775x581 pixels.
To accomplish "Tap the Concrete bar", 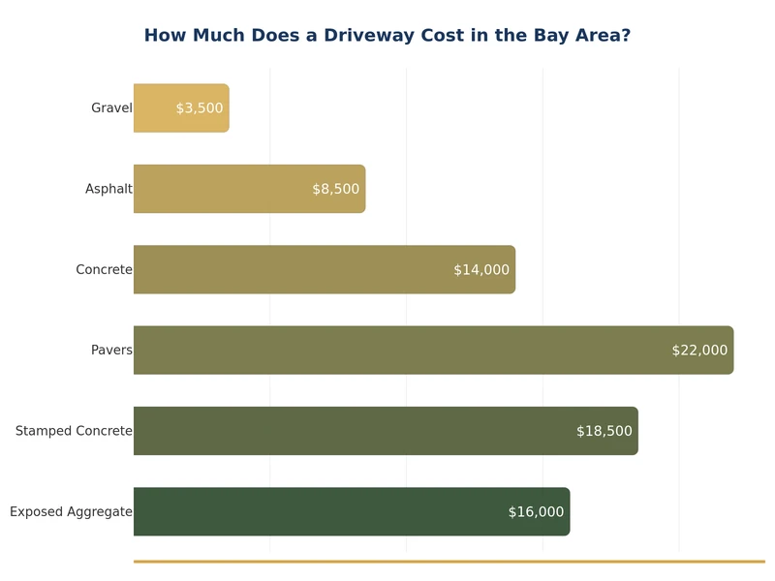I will [291, 269].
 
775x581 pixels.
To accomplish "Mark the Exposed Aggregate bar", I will [320, 511].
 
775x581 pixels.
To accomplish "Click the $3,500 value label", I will [200, 108].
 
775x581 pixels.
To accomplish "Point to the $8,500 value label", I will [335, 189].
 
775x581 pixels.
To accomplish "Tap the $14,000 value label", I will [481, 270].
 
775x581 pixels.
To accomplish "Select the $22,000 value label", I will [699, 351].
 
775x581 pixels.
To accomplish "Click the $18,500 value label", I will [604, 431].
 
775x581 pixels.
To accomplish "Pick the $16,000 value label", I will [536, 511].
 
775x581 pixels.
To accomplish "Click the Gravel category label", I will [111, 108].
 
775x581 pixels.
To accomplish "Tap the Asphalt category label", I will [108, 189].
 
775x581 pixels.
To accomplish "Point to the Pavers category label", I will [111, 350].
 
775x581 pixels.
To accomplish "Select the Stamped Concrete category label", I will [74, 431].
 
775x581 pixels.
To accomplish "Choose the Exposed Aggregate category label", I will [71, 511].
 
